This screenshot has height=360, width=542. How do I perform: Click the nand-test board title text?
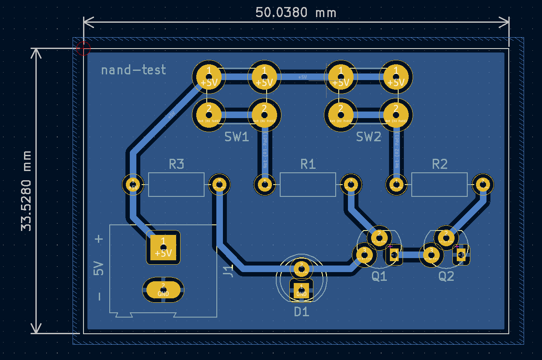click(133, 70)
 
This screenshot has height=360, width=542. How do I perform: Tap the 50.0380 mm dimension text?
click(296, 12)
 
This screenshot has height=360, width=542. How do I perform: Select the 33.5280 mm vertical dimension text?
click(27, 191)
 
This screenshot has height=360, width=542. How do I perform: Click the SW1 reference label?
click(236, 137)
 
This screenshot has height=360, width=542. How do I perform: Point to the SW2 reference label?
click(368, 137)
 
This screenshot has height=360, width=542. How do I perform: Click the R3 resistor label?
click(176, 164)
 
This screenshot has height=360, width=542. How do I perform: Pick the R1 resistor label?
click(308, 164)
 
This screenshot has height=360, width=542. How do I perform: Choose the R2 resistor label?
click(440, 164)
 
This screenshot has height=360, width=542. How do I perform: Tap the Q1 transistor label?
click(379, 276)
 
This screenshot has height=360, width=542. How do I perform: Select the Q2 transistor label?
click(446, 276)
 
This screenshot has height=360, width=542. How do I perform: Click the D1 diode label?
click(302, 312)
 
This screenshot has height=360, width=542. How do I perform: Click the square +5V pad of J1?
click(163, 247)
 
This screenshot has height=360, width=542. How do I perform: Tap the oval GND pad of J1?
click(163, 289)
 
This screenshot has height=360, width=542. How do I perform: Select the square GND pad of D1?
click(301, 290)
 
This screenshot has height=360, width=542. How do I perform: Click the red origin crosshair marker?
click(83, 48)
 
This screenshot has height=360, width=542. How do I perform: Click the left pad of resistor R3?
click(132, 185)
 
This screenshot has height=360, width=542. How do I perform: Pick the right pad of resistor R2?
click(483, 184)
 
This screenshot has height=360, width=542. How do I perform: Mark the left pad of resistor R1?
click(264, 185)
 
